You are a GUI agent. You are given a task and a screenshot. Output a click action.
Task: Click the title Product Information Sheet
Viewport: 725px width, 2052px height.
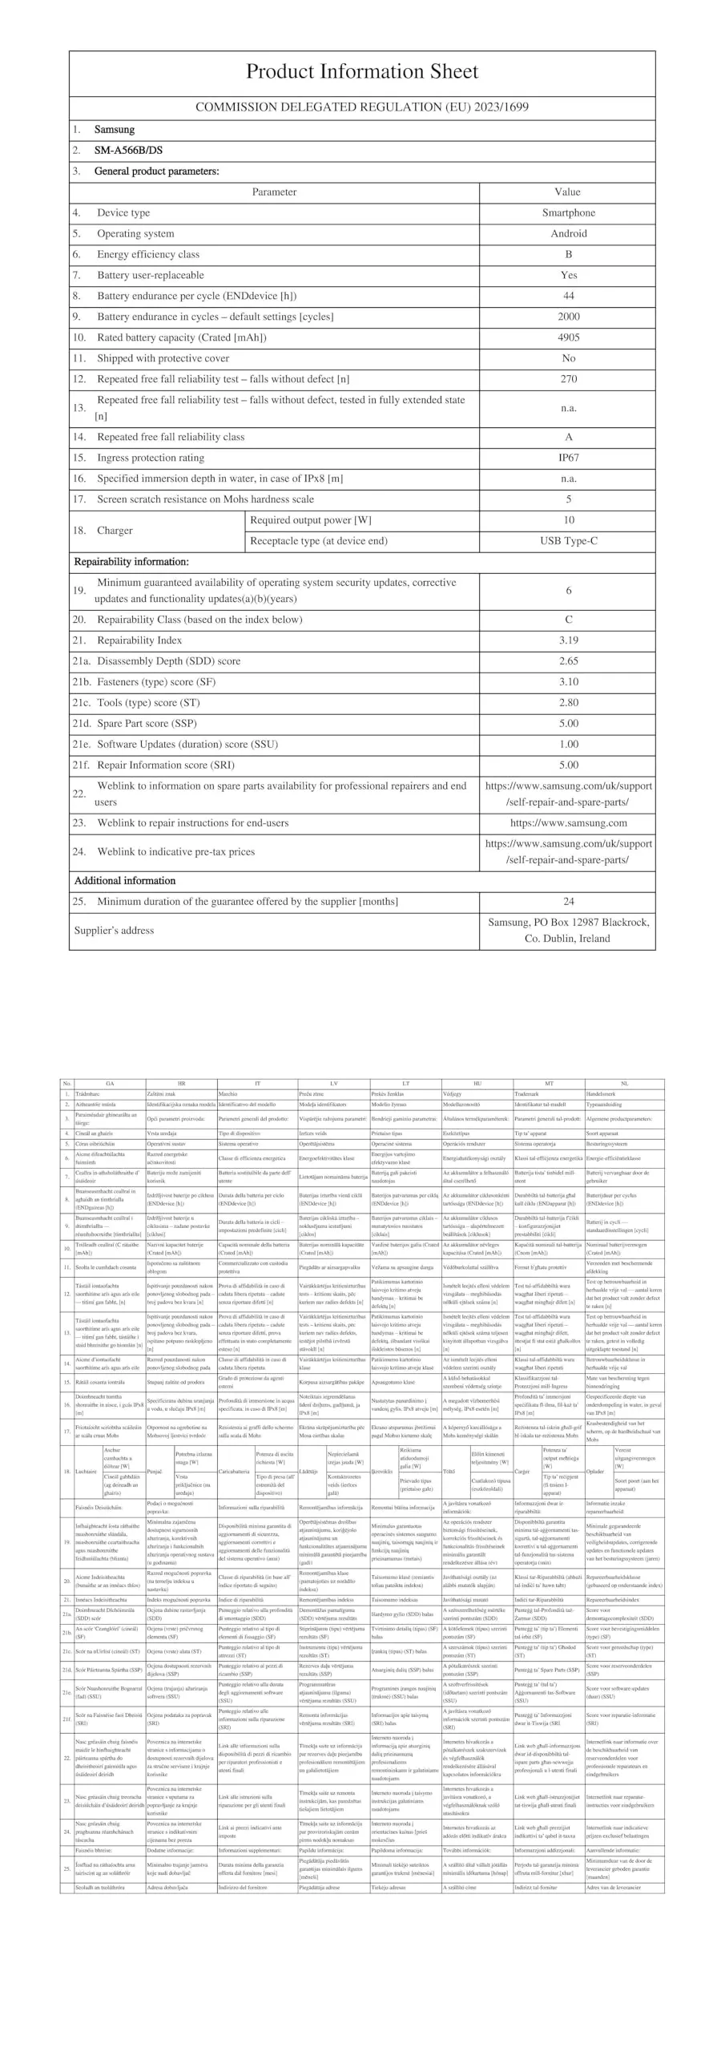click(x=361, y=71)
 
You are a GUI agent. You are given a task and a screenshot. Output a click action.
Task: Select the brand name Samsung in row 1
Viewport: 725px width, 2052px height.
click(x=115, y=129)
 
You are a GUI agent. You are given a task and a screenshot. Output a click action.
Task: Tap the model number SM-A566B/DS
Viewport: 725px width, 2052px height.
click(x=128, y=150)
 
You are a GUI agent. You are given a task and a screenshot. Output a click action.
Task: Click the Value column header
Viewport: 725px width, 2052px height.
click(x=567, y=192)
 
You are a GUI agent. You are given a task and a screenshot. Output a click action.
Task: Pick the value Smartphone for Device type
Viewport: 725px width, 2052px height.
click(x=568, y=212)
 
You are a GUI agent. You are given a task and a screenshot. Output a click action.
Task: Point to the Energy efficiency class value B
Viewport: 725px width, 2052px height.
click(x=568, y=254)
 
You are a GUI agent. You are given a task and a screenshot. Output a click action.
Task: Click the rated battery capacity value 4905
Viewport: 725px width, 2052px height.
click(x=568, y=337)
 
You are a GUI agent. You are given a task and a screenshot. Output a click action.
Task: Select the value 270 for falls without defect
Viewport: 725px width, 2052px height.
click(x=568, y=379)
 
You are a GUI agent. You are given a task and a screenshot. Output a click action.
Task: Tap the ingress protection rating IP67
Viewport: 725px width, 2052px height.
click(x=568, y=458)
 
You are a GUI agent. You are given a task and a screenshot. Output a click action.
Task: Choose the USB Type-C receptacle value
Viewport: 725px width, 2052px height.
click(x=568, y=541)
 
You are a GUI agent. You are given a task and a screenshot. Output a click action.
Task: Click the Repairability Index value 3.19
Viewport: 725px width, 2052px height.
click(x=568, y=640)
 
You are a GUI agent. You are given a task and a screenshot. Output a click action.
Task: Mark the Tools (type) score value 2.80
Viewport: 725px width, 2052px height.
click(x=568, y=703)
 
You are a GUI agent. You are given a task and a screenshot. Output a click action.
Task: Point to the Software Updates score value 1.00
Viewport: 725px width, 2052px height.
click(x=568, y=745)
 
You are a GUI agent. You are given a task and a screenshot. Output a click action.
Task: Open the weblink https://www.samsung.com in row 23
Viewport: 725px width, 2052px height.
click(x=568, y=823)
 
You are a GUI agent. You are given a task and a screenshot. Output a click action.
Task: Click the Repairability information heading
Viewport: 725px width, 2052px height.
click(x=131, y=562)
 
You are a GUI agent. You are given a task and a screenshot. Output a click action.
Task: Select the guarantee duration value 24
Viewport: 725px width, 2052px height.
click(x=568, y=902)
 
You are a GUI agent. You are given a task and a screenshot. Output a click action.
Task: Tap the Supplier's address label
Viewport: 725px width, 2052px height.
click(x=114, y=931)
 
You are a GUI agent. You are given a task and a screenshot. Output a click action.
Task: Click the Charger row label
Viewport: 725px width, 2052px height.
click(x=115, y=531)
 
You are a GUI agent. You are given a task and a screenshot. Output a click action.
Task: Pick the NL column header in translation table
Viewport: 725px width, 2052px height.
click(x=624, y=1084)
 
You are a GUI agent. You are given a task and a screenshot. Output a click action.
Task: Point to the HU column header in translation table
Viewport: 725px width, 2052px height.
click(x=477, y=1084)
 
